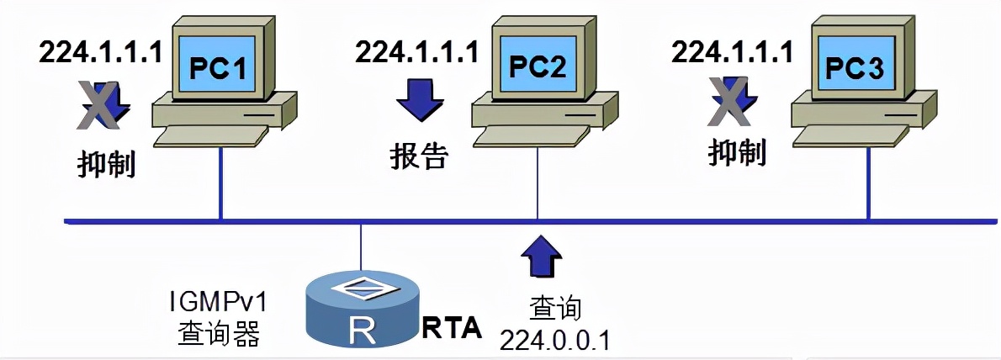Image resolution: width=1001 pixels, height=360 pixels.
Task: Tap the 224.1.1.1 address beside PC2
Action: (416, 52)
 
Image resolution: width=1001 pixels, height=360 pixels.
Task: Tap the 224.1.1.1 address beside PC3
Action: (733, 52)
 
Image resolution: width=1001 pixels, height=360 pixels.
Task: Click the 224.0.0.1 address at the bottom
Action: (555, 339)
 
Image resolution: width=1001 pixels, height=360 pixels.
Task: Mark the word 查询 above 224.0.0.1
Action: (555, 308)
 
